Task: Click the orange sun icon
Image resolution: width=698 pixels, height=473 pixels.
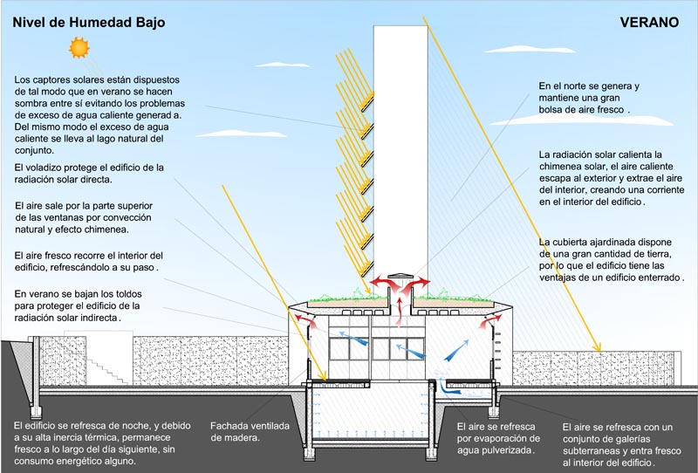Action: pos(80,47)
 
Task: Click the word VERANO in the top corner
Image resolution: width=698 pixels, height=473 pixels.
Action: pos(650,23)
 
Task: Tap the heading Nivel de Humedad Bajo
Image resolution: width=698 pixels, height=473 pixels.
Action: pos(87,23)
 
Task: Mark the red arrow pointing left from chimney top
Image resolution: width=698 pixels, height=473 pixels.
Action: pos(379,282)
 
